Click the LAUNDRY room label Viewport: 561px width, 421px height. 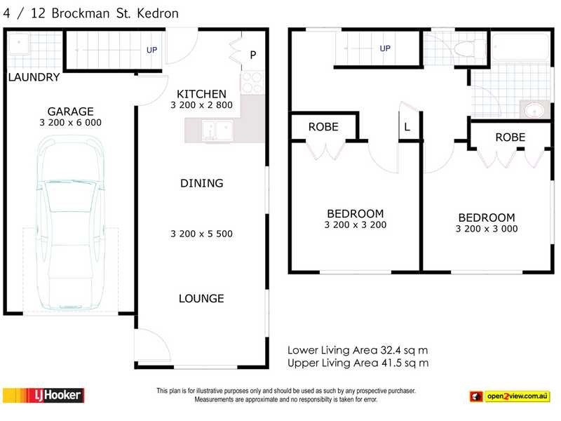tap(34, 78)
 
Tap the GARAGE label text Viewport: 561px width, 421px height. tap(70, 112)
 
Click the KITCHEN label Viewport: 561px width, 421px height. tap(201, 94)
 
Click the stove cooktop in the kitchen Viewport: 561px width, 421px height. tap(251, 82)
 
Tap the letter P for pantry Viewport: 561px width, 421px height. tap(253, 55)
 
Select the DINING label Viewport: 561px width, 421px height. tap(201, 183)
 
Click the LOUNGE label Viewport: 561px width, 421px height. tap(201, 298)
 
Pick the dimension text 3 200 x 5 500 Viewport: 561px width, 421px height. tap(201, 234)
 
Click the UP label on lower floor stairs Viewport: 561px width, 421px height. tap(151, 50)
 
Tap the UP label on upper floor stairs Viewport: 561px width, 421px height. tap(385, 48)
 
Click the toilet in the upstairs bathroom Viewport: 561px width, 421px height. tap(464, 48)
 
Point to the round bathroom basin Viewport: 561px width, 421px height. tap(531, 110)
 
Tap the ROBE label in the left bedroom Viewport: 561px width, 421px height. tap(323, 127)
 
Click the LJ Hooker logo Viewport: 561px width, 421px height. tap(44, 396)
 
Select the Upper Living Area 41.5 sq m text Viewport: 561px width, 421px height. tap(358, 363)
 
